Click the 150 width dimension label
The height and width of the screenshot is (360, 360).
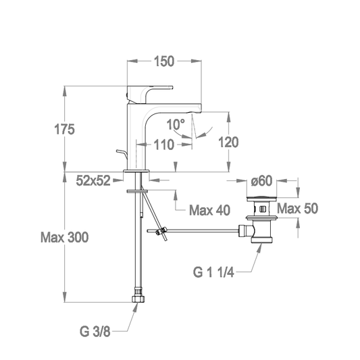[x=164, y=61]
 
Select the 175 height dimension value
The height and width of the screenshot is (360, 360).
[x=64, y=129]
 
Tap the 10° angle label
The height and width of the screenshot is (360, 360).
[x=176, y=124]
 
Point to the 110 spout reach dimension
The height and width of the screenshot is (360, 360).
[x=163, y=145]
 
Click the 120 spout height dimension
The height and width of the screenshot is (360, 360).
[x=228, y=142]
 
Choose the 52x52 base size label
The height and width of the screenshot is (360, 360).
[x=93, y=180]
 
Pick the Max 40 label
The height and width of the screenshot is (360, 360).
[x=209, y=210]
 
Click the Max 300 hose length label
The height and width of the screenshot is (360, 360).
[x=65, y=237]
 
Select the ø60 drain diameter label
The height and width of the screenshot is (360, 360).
[x=261, y=181]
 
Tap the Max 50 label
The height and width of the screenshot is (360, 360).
[x=298, y=209]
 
